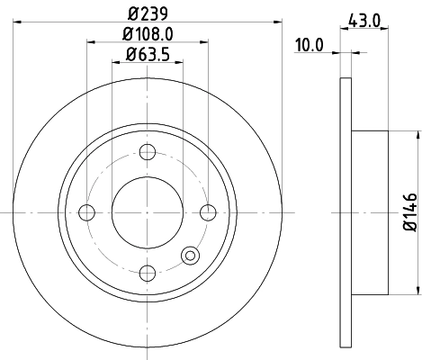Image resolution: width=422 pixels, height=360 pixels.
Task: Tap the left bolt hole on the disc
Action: tap(87, 212)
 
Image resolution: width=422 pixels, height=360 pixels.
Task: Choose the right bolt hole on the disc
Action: tap(209, 212)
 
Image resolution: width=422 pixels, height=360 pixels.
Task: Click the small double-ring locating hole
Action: tap(191, 256)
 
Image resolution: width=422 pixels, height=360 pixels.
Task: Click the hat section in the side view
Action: tap(370, 212)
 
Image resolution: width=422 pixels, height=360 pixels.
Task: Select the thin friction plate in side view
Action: tap(346, 212)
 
